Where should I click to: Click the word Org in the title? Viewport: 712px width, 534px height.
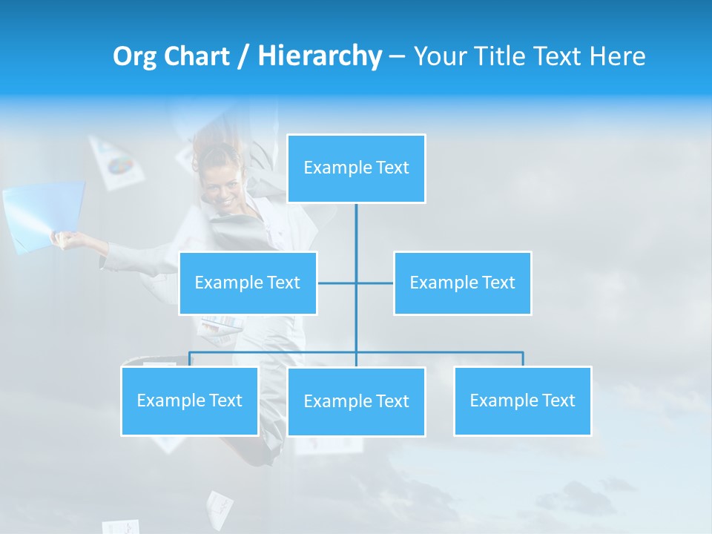pos(134,56)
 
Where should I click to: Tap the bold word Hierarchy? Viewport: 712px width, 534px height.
pos(320,56)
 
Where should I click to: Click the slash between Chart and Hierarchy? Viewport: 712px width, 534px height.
pos(243,57)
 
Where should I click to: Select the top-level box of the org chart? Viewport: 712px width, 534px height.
pos(356,168)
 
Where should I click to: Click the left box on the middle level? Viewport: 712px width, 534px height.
pos(248,283)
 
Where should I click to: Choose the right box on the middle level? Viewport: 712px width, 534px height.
pos(462,283)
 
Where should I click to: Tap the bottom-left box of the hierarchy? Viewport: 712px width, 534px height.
pos(190,401)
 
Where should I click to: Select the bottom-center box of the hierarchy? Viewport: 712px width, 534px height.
pos(356,402)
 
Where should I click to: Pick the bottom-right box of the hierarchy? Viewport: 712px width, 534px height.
pos(522,401)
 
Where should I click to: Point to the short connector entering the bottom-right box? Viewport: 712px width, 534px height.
pos(522,359)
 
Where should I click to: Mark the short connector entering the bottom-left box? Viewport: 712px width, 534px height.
pos(190,359)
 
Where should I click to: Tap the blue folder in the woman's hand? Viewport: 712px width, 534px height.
pos(43,214)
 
